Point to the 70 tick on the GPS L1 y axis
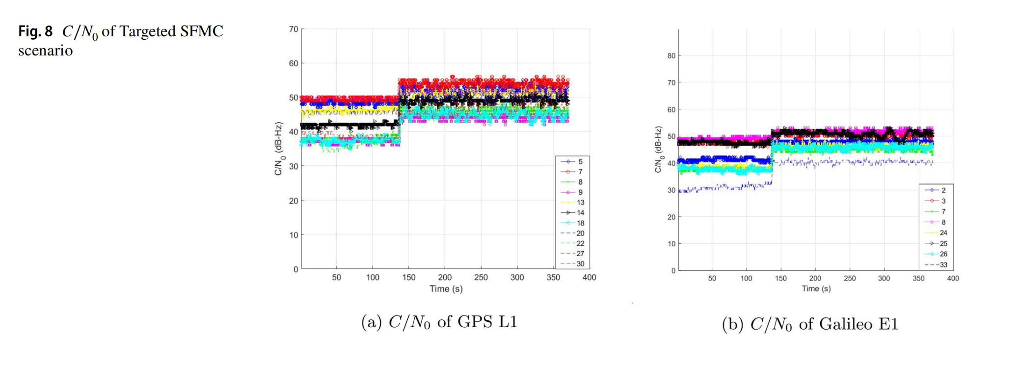(x=294, y=29)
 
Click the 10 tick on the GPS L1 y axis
(x=294, y=235)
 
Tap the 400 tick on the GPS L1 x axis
(x=589, y=277)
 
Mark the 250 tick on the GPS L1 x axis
(x=481, y=277)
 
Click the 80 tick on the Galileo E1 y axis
(x=671, y=56)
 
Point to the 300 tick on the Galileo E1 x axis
(x=884, y=278)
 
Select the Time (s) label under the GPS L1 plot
(x=446, y=289)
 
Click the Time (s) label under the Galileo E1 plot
(x=816, y=289)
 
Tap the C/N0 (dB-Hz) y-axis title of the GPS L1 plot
(x=279, y=149)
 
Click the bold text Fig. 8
(x=35, y=31)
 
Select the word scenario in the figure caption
(x=45, y=51)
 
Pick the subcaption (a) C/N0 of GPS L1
(x=439, y=322)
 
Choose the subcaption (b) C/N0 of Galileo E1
(x=809, y=324)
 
